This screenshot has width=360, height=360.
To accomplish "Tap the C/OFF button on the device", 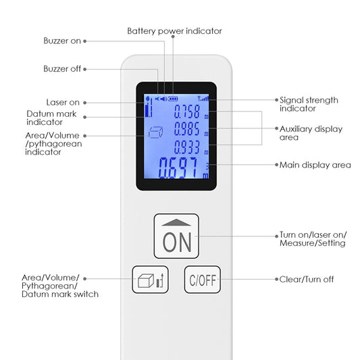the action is click(x=202, y=280).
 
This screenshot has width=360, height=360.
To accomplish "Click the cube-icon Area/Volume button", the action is click(x=150, y=280).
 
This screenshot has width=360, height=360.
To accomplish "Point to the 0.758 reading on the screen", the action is click(x=186, y=111).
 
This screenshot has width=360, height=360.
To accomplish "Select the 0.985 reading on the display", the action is click(x=186, y=128).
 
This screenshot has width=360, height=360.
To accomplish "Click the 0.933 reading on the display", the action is click(x=186, y=147).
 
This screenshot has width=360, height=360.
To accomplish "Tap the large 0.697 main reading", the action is click(x=178, y=168).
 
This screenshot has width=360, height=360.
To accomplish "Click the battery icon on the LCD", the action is click(x=173, y=99).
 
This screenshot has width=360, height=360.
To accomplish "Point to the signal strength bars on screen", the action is click(x=203, y=99).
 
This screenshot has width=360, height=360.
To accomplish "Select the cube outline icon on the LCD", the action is click(x=155, y=132).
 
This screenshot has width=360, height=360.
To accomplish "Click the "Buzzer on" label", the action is click(x=62, y=41).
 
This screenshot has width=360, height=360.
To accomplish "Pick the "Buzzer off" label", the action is click(x=62, y=69).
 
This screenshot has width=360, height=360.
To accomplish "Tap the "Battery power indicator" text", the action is click(x=174, y=31).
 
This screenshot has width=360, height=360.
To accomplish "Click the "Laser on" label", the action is click(x=63, y=103).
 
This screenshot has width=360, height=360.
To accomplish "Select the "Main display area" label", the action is click(x=315, y=165).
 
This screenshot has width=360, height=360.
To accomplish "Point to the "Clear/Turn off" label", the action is click(x=307, y=279).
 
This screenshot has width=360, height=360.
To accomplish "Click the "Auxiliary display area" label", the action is click(x=311, y=133).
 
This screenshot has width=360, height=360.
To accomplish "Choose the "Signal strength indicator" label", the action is click(x=309, y=104).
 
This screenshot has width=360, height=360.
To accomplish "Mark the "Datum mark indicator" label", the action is click(x=51, y=118).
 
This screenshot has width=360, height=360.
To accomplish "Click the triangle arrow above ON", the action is click(x=176, y=222).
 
